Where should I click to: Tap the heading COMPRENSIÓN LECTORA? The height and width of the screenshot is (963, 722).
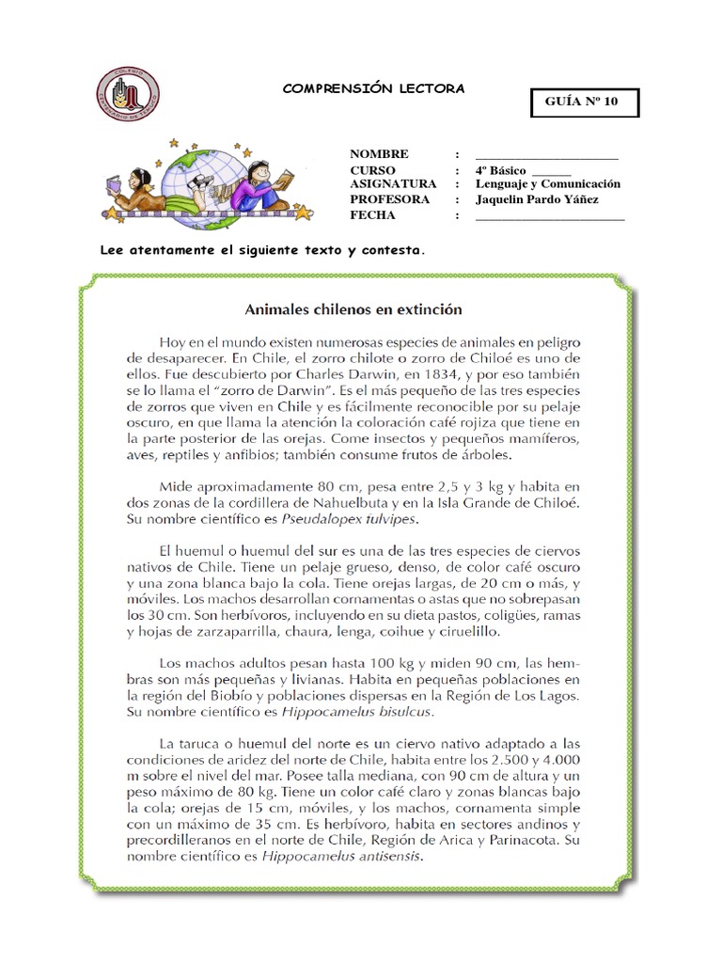tap(374, 88)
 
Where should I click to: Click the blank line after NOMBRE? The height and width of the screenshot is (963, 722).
tap(546, 155)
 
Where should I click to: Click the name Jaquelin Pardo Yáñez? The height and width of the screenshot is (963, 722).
tap(537, 199)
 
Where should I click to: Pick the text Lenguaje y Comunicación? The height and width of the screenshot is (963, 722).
tap(548, 184)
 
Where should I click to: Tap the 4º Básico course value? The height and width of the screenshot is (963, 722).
tap(501, 169)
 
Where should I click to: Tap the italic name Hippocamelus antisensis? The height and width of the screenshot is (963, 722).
tap(344, 858)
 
